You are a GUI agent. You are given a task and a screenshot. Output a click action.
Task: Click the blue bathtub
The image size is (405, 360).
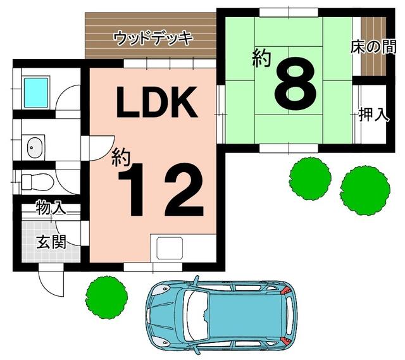(x=36, y=93)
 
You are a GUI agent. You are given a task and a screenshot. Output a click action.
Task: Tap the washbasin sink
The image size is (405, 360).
(x=35, y=147)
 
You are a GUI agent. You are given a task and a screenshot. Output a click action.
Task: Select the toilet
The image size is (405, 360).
(x=38, y=182)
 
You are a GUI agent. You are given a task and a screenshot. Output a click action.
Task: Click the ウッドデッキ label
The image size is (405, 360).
(x=153, y=39)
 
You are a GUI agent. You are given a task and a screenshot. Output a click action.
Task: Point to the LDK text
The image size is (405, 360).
(x=157, y=102)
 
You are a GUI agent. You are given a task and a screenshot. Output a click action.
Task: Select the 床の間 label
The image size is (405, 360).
(x=373, y=48)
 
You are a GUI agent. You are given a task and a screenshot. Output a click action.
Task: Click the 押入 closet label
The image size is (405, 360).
(x=374, y=115)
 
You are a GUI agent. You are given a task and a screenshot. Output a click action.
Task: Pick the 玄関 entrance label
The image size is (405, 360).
(x=51, y=242)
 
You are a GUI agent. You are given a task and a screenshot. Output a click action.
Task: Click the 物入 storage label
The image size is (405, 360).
(x=51, y=208)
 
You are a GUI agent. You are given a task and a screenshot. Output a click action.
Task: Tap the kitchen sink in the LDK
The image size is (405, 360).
(x=170, y=249)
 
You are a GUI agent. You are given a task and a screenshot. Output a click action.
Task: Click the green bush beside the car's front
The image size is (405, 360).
(x=106, y=297)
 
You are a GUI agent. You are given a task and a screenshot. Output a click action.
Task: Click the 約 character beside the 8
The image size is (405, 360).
(x=262, y=58)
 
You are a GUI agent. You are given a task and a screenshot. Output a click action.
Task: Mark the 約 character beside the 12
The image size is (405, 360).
(x=121, y=157)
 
